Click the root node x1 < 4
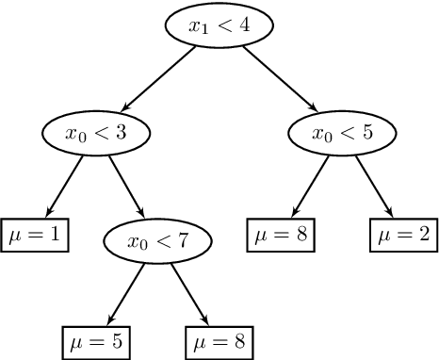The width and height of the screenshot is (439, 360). [219, 26]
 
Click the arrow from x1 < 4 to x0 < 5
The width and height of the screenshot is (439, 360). [280, 77]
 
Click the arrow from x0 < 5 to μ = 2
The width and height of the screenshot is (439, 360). [374, 186]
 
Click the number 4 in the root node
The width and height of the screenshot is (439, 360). [245, 25]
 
